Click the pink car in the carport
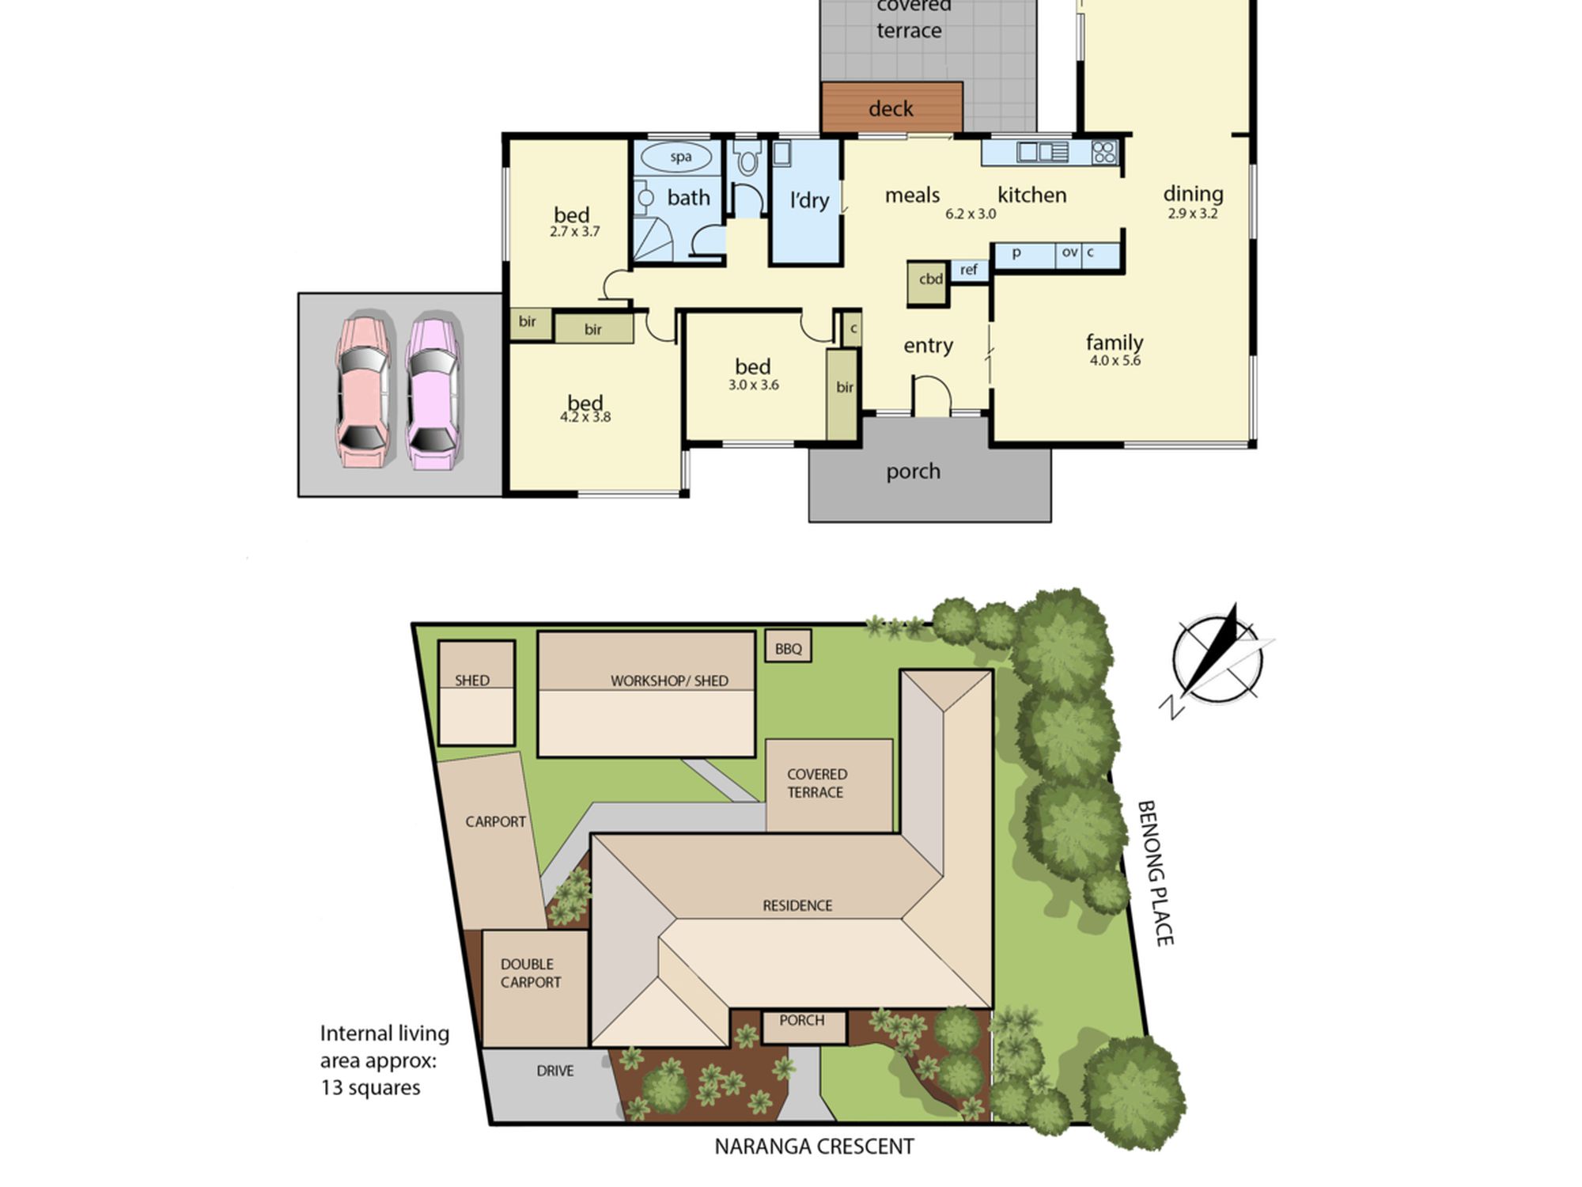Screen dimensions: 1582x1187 pyautogui.click(x=363, y=391)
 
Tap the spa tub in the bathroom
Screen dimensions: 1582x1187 pyautogui.click(x=680, y=157)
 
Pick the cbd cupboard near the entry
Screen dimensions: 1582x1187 pyautogui.click(x=928, y=283)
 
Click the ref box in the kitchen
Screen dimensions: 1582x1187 pyautogui.click(x=969, y=271)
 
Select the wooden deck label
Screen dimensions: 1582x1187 pyautogui.click(x=891, y=108)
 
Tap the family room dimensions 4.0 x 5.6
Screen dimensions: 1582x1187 pyautogui.click(x=1115, y=361)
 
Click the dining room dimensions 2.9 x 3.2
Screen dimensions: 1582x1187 pyautogui.click(x=1193, y=214)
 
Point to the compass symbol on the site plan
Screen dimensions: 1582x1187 pyautogui.click(x=1218, y=661)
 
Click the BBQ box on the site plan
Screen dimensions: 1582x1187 pyautogui.click(x=788, y=647)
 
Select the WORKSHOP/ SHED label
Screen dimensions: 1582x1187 pyautogui.click(x=669, y=681)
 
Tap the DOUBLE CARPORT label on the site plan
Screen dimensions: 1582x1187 pyautogui.click(x=530, y=973)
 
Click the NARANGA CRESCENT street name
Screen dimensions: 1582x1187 pyautogui.click(x=814, y=1147)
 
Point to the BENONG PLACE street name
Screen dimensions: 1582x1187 pyautogui.click(x=1155, y=873)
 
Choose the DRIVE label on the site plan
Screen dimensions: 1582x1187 pyautogui.click(x=555, y=1071)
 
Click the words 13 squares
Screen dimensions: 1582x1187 pyautogui.click(x=370, y=1087)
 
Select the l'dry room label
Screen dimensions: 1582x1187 pyautogui.click(x=809, y=200)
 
